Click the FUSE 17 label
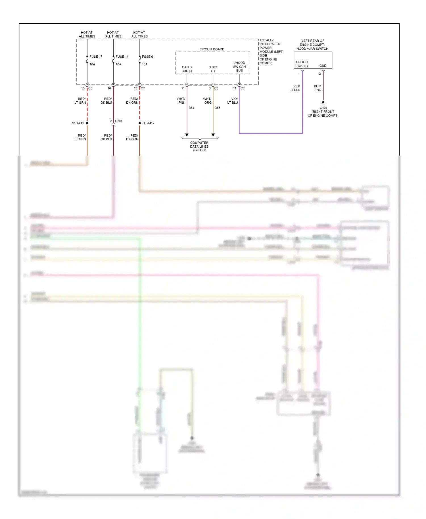[x=96, y=57]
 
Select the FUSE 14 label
[x=122, y=57]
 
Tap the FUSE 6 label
[x=147, y=57]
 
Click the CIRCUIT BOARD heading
[x=212, y=49]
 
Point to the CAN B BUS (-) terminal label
[x=187, y=69]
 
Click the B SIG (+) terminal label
[x=213, y=69]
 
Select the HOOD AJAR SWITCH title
[x=312, y=49]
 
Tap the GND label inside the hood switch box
[x=323, y=66]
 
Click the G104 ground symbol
[x=323, y=103]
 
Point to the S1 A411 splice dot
[x=87, y=123]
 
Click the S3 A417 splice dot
[x=140, y=123]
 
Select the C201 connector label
[x=118, y=121]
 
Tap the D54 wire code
[x=191, y=108]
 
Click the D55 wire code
[x=218, y=108]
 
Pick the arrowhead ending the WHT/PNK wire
[x=187, y=135]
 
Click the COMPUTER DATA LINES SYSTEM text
[x=199, y=147]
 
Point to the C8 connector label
[x=90, y=88]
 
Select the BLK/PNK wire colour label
[x=318, y=88]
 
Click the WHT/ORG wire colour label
[x=208, y=101]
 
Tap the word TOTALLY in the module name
[x=267, y=40]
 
